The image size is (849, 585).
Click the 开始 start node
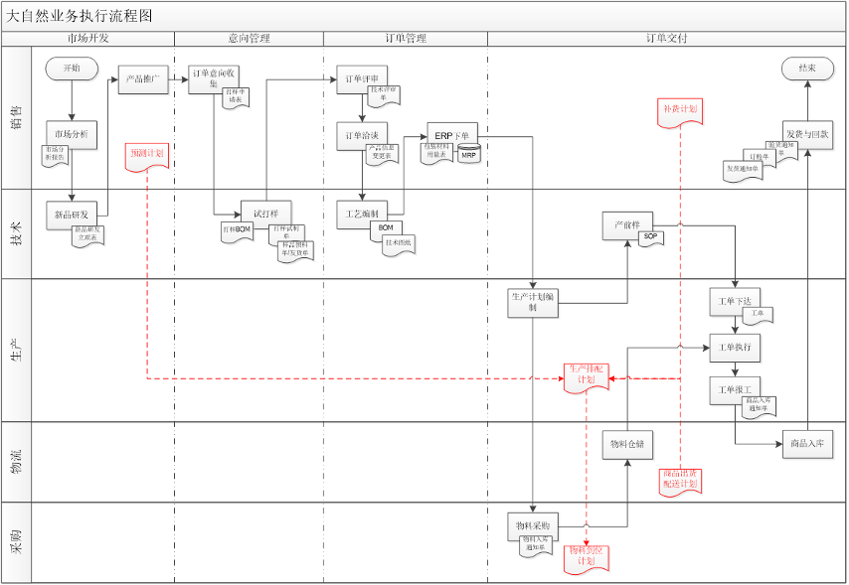[x=72, y=69]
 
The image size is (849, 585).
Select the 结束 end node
[x=807, y=69]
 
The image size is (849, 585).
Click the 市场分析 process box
[x=72, y=135]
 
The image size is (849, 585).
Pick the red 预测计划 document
[x=147, y=156]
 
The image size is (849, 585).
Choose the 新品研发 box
[x=72, y=214]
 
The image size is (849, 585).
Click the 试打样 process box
[x=266, y=214]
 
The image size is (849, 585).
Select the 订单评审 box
[x=362, y=79]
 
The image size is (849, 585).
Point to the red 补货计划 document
[x=681, y=111]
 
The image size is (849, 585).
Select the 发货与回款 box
[x=807, y=134]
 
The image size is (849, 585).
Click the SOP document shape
[x=651, y=237]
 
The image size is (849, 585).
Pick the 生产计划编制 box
[x=534, y=302]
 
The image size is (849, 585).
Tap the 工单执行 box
[x=736, y=348]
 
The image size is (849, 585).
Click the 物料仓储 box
[x=628, y=444]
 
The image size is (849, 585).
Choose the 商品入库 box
[x=807, y=444]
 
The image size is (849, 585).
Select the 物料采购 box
[x=534, y=524]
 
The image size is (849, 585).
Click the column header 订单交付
[x=666, y=39]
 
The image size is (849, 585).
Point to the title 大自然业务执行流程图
[x=81, y=16]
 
